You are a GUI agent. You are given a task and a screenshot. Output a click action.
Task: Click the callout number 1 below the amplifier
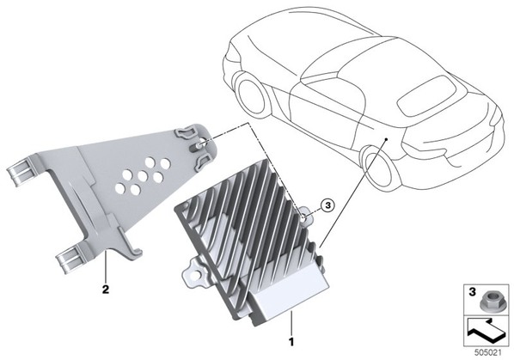click(291, 342)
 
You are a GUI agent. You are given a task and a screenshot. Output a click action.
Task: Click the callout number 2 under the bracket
click(106, 290)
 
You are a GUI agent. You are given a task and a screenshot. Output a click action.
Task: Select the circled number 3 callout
click(327, 205)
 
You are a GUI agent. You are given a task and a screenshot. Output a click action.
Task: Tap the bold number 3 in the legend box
click(472, 292)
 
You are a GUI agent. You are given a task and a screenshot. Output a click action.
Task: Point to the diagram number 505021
click(488, 353)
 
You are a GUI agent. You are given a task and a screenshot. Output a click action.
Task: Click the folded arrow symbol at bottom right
click(485, 331)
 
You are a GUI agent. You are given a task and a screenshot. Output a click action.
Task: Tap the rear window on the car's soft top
click(427, 95)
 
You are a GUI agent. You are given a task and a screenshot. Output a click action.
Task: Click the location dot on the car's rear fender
click(387, 139)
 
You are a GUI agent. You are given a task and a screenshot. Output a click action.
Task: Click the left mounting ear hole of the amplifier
click(199, 272)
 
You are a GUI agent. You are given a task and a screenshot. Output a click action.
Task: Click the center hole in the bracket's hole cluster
click(143, 177)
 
